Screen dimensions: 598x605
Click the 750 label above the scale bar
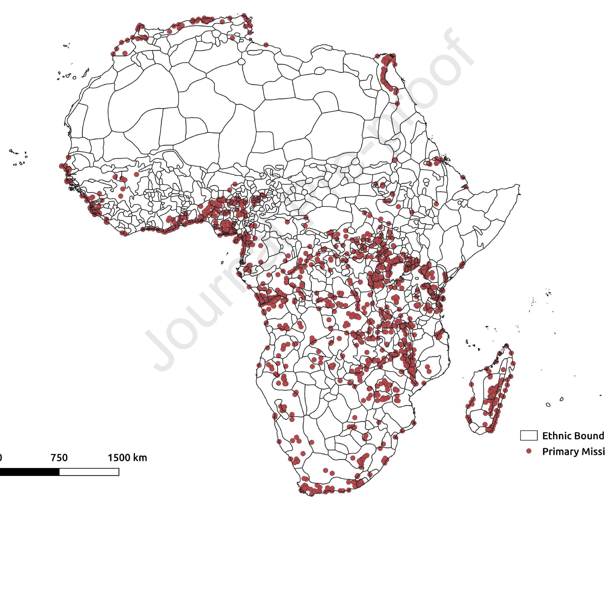point(59,458)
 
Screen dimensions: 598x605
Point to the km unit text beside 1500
point(139,458)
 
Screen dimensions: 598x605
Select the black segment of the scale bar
point(30,472)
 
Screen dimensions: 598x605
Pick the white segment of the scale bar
point(89,472)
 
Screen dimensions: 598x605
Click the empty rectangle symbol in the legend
point(529,436)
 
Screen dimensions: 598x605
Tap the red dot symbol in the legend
point(529,451)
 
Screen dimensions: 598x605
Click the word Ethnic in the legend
point(556,436)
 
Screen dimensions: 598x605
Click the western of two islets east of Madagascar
point(548,405)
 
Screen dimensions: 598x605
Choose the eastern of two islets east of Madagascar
point(562,399)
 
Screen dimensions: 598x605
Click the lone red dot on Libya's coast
point(266,45)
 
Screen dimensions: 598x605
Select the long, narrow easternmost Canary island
point(85,73)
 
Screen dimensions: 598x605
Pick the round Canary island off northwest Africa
point(75,77)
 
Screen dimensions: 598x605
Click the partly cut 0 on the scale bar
point(1,458)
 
